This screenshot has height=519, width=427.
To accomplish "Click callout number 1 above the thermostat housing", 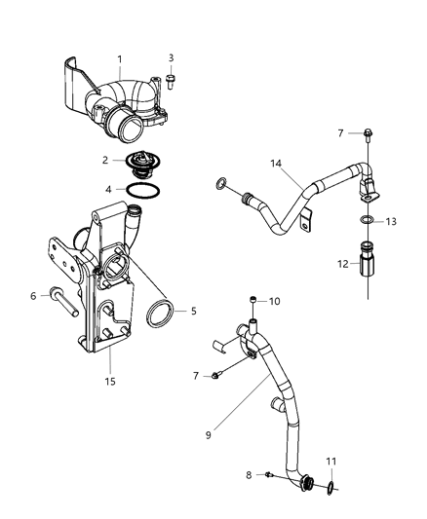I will (119, 60).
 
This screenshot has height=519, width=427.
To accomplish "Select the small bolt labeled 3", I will (171, 80).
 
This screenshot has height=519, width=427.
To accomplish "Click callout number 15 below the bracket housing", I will (110, 380).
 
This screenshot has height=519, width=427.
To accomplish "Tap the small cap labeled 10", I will (253, 300).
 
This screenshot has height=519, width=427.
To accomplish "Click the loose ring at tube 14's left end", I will (221, 182).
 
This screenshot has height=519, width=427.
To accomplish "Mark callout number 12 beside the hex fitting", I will (342, 263).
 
